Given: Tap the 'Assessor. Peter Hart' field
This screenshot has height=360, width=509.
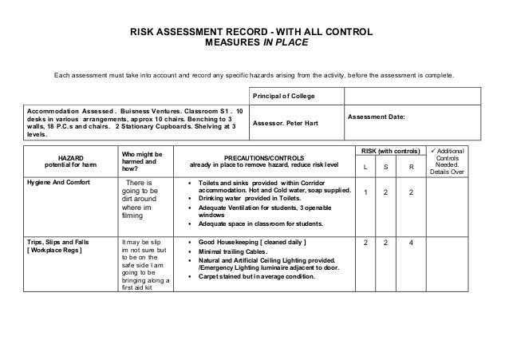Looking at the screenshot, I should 285,125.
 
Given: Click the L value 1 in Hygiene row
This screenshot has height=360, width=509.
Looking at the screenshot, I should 365,192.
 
